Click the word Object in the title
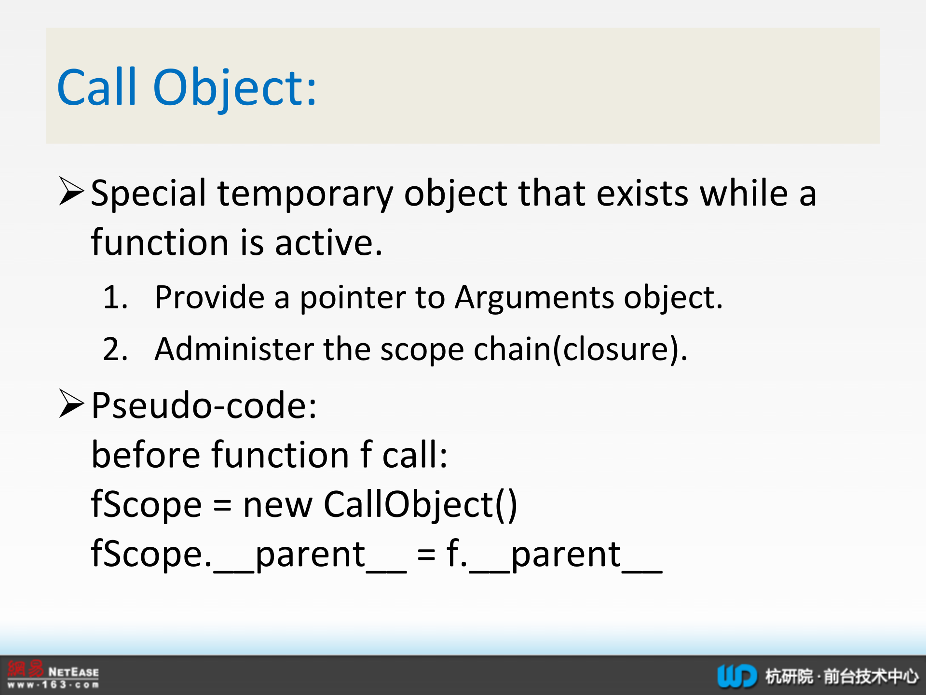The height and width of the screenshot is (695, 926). pos(234,88)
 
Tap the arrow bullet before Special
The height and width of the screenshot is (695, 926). pos(72,191)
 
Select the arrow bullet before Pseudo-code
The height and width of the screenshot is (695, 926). pos(72,403)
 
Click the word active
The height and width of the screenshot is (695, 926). pos(328,242)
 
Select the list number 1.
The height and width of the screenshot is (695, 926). pos(115,297)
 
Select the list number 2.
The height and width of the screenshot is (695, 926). pos(115,349)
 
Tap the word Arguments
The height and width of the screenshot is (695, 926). pos(534,297)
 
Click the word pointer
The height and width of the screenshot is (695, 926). pos(353,297)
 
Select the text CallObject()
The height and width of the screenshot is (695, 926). pos(420,505)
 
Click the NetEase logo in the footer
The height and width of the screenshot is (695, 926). pos(53,674)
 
